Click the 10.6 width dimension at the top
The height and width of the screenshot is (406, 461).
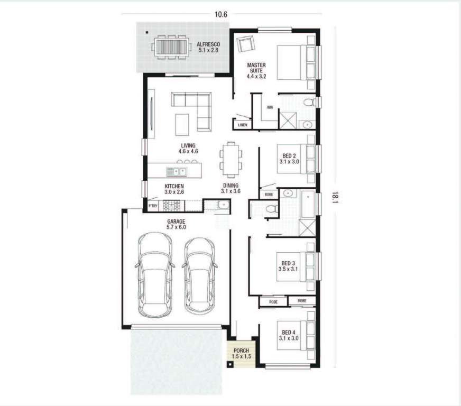(x=221, y=14)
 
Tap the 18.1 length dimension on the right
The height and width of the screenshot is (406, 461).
(x=335, y=197)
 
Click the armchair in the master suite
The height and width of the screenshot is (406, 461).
(x=245, y=44)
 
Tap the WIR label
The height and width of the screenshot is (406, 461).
(x=270, y=107)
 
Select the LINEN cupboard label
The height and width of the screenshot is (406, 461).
(x=243, y=125)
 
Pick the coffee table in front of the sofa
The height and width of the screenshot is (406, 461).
(x=182, y=125)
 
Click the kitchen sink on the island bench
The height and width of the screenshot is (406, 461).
(x=177, y=171)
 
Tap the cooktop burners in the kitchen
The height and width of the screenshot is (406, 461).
(x=172, y=206)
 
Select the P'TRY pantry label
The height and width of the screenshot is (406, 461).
(x=153, y=206)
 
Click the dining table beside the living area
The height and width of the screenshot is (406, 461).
(x=231, y=160)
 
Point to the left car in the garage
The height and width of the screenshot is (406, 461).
(x=155, y=275)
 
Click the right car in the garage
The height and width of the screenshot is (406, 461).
(x=200, y=276)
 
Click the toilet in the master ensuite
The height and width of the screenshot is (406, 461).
(x=309, y=103)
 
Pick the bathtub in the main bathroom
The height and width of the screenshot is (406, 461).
(x=308, y=204)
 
